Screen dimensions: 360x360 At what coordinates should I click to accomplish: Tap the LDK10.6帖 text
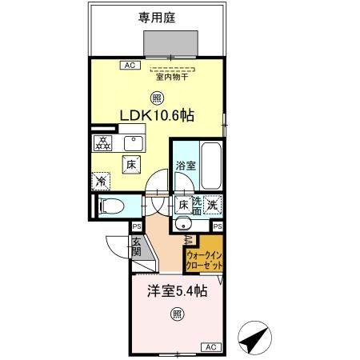[156, 115]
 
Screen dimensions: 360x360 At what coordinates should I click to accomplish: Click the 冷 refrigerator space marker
[101, 181]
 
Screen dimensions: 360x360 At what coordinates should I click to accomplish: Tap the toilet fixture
[110, 206]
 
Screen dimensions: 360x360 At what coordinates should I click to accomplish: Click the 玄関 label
[137, 247]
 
